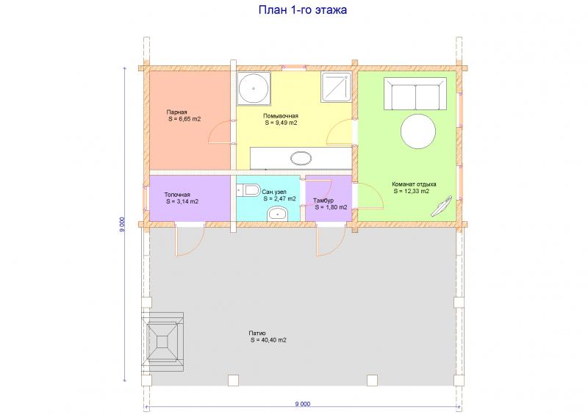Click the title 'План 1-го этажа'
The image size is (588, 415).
pos(303,10)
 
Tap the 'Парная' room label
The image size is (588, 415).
pos(176,112)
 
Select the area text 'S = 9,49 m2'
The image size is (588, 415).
pos(282,123)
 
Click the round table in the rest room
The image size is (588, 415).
pos(418,131)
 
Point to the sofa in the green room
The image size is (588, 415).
pos(415,94)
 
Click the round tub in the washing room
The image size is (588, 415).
pos(254,89)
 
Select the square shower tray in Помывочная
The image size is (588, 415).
pos(337,87)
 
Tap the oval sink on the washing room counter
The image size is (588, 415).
pos(301,158)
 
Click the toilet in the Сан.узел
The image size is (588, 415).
pos(249,190)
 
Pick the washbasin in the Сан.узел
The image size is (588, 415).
pos(277,214)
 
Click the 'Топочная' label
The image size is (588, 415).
pos(177,195)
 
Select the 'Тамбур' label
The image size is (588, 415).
pos(323,201)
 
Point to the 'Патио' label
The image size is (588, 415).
pos(257,333)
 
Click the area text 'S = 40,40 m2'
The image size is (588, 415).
pos(268,340)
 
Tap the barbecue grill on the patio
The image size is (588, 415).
pos(162,342)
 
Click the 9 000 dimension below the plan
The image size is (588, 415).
pos(303,404)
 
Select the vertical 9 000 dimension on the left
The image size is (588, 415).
pos(122,224)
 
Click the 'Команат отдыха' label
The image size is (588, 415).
pos(414,184)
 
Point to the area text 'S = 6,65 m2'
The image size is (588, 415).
pos(184,119)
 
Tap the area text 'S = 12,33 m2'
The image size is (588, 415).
pos(412,191)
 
